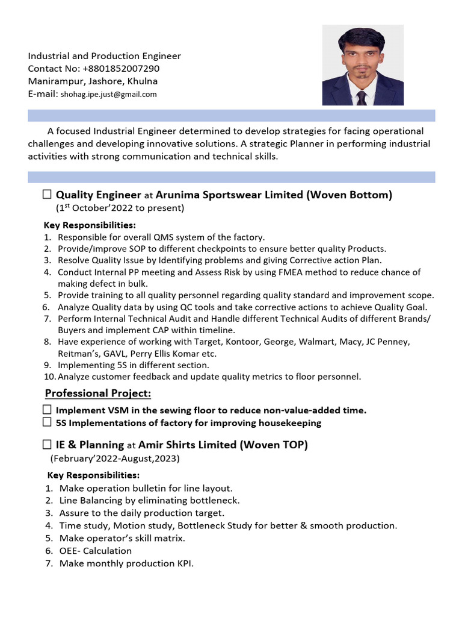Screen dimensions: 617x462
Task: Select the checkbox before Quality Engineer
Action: click(x=48, y=195)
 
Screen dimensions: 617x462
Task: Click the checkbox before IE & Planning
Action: click(x=48, y=445)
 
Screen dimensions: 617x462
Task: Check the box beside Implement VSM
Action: click(x=48, y=410)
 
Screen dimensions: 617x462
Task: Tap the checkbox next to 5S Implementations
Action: click(x=48, y=422)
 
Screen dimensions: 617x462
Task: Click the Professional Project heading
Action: click(x=98, y=393)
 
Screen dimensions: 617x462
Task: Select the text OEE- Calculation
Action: click(x=96, y=551)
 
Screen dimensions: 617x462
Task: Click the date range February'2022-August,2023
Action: click(x=115, y=459)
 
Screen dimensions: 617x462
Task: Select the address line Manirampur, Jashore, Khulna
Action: click(x=93, y=81)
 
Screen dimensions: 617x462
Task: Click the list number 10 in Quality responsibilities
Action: click(x=49, y=377)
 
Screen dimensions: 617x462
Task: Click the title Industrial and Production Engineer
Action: click(x=104, y=56)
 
